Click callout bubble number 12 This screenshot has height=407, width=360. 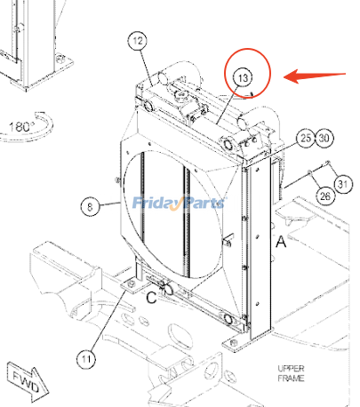pyautogui.click(x=138, y=41)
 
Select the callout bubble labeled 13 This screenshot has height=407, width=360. pyautogui.click(x=243, y=78)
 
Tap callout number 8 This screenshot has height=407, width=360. pyautogui.click(x=90, y=206)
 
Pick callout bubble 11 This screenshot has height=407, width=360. pyautogui.click(x=86, y=359)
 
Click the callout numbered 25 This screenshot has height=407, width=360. pyautogui.click(x=306, y=138)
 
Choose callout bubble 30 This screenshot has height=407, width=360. pyautogui.click(x=324, y=138)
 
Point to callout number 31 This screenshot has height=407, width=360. pyautogui.click(x=343, y=184)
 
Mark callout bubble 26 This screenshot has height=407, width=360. pyautogui.click(x=325, y=196)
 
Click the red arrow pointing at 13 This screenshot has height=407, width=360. pyautogui.click(x=315, y=76)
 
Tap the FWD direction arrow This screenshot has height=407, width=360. pyautogui.click(x=28, y=381)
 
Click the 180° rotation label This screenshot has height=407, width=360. pyautogui.click(x=20, y=127)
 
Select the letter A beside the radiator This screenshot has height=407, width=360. pyautogui.click(x=281, y=242)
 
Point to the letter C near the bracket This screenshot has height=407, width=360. pyautogui.click(x=151, y=298)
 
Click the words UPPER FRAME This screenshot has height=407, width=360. pyautogui.click(x=291, y=373)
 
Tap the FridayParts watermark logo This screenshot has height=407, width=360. pyautogui.click(x=179, y=203)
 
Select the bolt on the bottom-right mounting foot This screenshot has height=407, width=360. pyautogui.click(x=234, y=343)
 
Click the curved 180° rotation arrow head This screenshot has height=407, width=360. pyautogui.click(x=40, y=116)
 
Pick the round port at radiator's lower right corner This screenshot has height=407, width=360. pyautogui.click(x=228, y=319)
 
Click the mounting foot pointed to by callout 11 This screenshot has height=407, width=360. pyautogui.click(x=132, y=285)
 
